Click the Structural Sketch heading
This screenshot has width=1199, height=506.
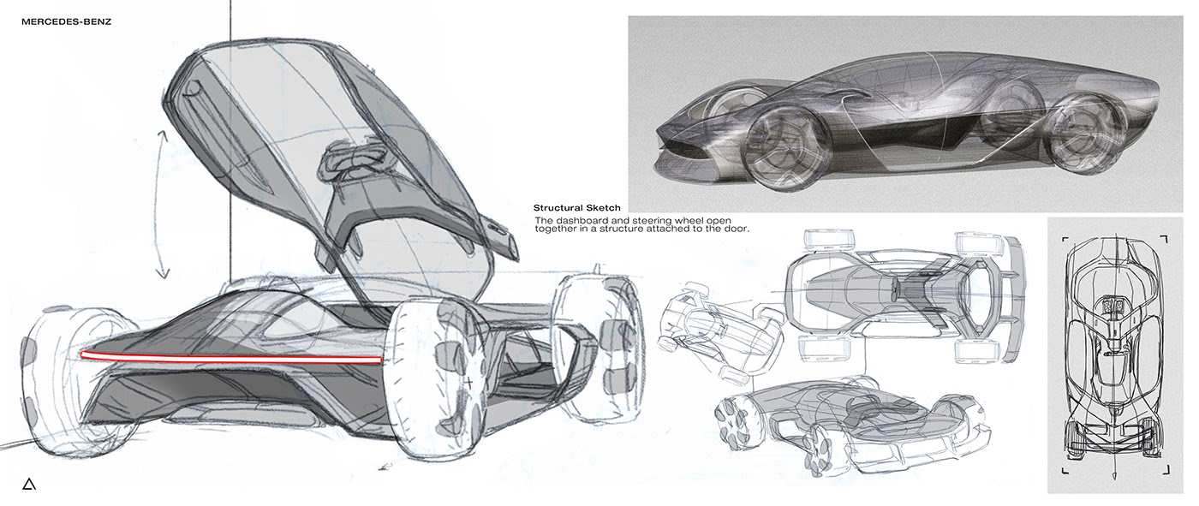click(x=577, y=208)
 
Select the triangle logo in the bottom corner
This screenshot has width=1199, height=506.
click(x=29, y=485)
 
